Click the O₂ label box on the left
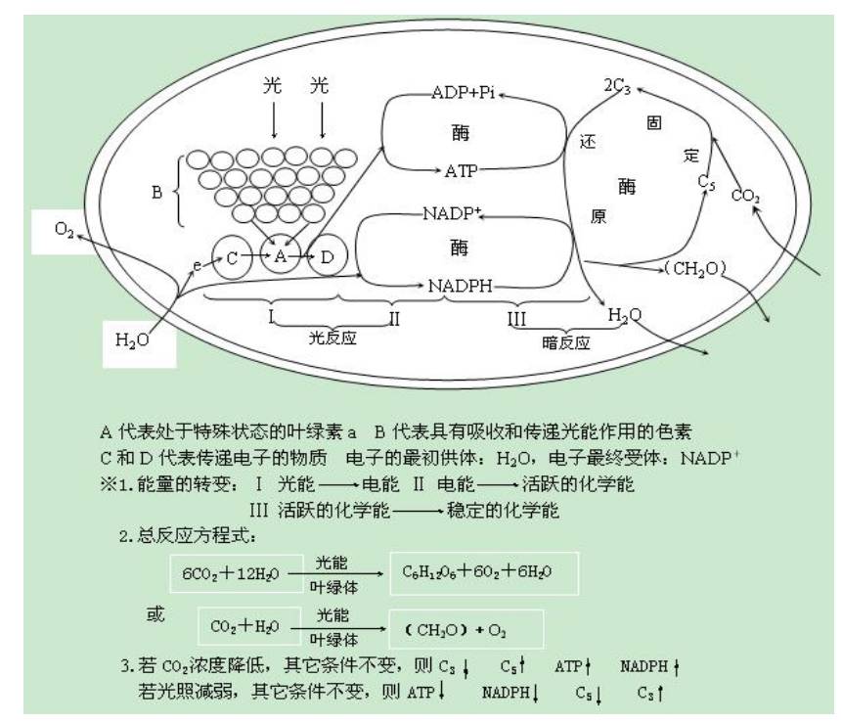tap(64, 232)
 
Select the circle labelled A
tap(281, 256)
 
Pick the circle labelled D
tap(327, 256)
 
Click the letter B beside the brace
tap(156, 192)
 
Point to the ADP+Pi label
tap(464, 93)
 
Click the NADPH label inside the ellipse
tap(460, 286)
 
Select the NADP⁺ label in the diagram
tap(452, 213)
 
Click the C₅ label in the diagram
tap(707, 182)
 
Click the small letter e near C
tap(197, 265)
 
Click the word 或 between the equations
tap(155, 614)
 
